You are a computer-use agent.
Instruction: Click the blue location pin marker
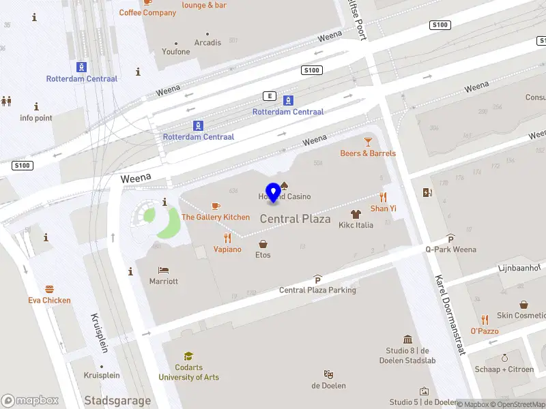coord(273,192)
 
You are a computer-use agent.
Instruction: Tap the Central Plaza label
coord(295,219)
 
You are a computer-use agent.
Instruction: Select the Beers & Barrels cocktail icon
coord(368,141)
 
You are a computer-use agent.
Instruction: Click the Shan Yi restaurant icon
coord(383,197)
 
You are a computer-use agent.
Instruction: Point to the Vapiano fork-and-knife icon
coord(227,238)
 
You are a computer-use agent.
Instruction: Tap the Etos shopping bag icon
coord(263,243)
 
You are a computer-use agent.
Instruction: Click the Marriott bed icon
coord(163,270)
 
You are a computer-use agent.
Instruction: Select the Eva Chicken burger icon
coord(49,289)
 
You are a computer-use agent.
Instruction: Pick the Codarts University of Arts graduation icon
coord(188,356)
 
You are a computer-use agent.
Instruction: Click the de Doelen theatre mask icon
coord(328,374)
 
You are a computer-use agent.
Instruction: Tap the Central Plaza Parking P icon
coord(317,279)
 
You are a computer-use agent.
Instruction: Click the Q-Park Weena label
coord(450,249)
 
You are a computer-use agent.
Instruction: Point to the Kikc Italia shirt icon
coord(356,214)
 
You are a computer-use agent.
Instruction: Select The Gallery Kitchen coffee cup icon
coord(216,206)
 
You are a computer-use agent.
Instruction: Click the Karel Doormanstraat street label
coord(449,314)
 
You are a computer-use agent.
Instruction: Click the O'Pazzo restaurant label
coord(484,331)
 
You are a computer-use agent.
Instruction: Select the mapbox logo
coord(30,400)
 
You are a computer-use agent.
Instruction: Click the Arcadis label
coord(207,42)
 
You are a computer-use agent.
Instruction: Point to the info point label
coord(35,118)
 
